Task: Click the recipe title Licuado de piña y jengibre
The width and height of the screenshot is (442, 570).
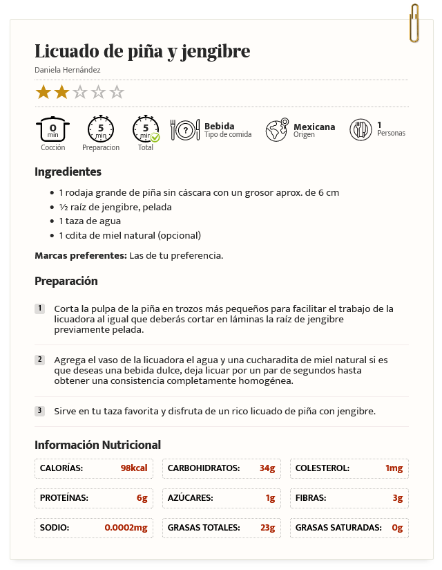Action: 142,52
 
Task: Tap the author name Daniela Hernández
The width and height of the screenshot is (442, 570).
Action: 68,70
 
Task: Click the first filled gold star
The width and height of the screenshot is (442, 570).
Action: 44,92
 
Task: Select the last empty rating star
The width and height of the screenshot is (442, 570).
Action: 117,92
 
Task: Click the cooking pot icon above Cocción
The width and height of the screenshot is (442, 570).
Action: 52,129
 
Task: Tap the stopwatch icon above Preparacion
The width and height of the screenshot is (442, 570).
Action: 101,129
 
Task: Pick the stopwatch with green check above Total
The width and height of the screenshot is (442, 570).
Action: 146,129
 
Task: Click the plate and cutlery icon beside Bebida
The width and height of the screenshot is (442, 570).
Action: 184,129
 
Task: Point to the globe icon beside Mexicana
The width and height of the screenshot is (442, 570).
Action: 277,129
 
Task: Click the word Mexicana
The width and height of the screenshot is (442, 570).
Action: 314,127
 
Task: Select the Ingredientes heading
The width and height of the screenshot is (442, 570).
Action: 68,172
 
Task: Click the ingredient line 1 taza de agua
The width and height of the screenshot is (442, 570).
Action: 90,221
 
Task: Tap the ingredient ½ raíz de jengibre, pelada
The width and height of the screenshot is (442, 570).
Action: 115,207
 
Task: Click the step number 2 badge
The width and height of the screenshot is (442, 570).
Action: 40,360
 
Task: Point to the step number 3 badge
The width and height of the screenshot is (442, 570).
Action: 40,411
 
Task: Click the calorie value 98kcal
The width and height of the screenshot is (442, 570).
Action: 134,468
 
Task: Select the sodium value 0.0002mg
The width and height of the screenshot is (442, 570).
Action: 126,528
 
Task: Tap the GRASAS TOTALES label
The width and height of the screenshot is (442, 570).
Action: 204,528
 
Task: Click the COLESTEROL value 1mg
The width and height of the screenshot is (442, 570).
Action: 394,468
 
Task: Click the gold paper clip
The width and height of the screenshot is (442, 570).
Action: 414,23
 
